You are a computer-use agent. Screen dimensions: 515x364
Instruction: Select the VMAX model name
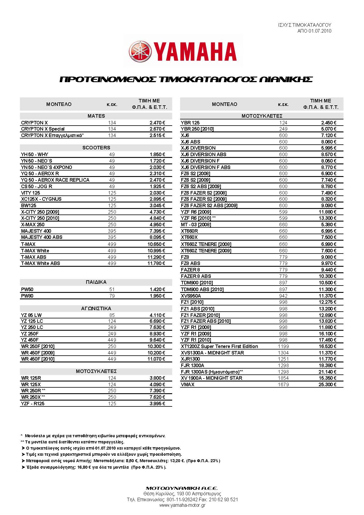coord(188,384)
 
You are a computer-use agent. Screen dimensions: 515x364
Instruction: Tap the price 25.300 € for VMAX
coord(327,384)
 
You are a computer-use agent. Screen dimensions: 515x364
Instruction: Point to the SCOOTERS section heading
coord(96,148)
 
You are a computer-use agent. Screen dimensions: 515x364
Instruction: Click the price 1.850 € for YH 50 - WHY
coord(157,154)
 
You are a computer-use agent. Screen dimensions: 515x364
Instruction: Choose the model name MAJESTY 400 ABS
coord(42,237)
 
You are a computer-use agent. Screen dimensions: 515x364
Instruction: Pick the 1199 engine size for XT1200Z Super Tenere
coord(283,346)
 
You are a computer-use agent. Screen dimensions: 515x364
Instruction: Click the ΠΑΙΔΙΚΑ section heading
coord(96,282)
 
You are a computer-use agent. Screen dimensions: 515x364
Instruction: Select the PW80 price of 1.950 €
coord(157,296)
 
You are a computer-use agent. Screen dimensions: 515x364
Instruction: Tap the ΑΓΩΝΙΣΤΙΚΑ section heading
coord(96,308)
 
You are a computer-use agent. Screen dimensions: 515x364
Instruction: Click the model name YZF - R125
coord(33,403)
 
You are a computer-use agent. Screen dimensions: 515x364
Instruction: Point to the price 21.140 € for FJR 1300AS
coord(327,372)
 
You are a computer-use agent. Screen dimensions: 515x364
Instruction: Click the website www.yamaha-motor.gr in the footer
coord(182,505)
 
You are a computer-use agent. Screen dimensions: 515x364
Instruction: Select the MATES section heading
coord(96,116)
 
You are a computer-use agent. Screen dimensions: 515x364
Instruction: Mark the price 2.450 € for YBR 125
coord(329,123)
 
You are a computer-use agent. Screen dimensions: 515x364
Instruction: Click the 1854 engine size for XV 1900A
coord(283,378)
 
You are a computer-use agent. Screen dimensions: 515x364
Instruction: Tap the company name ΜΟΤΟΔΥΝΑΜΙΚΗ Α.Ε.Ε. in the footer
coord(182,488)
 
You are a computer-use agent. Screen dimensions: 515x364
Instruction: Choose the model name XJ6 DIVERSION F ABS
coord(206,167)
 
